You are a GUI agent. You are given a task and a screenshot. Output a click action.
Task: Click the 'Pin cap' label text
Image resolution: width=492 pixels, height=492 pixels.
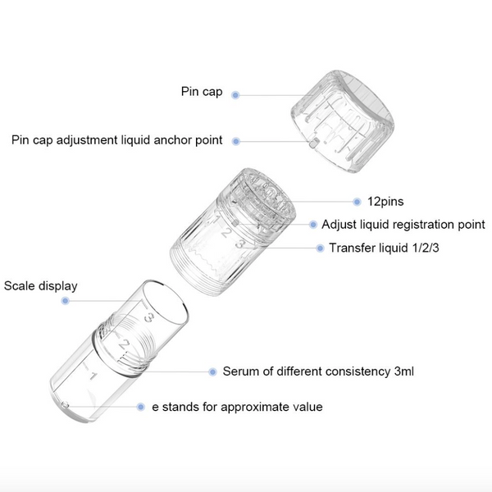point(202,92)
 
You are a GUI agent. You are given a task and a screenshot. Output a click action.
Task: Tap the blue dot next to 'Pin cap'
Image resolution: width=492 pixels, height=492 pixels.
point(235,95)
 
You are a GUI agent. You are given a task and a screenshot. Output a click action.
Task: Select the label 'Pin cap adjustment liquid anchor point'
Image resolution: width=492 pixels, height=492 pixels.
point(116,140)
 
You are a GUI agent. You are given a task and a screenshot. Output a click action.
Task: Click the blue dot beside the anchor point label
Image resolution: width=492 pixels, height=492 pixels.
point(236,142)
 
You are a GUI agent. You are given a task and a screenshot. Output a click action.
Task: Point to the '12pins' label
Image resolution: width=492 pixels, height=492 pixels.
point(385,202)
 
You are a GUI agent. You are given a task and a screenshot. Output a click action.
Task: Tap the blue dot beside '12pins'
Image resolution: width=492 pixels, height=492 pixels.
point(357,202)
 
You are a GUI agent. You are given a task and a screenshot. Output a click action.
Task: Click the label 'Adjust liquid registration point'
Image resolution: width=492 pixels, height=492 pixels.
point(403,225)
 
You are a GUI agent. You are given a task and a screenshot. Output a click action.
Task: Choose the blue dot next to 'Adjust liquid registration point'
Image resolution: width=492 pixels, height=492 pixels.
point(313,225)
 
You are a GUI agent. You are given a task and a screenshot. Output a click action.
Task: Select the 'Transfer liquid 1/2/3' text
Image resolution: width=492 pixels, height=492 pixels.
point(384,248)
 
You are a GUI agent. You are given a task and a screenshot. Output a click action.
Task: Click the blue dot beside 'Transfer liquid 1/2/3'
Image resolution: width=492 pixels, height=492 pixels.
point(320,248)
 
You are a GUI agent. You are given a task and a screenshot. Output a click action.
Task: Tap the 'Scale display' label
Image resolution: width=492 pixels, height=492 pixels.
point(40,286)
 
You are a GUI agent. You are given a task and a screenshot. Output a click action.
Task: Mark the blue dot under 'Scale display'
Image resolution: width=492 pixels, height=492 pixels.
point(65,301)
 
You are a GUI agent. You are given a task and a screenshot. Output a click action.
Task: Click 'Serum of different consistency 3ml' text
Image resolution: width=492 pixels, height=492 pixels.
point(318,371)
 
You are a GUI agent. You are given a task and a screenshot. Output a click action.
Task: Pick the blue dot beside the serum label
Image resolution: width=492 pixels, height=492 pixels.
point(212,371)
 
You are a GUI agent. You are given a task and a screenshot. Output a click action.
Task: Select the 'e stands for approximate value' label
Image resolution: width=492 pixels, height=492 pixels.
point(237,407)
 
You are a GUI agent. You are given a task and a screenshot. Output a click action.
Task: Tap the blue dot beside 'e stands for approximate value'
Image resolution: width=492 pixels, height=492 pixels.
point(140,407)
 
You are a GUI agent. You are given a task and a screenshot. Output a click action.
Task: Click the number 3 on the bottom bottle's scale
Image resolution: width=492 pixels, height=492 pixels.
point(148,317)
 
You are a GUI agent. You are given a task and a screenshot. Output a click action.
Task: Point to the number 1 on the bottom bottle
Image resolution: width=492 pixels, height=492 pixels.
point(93,376)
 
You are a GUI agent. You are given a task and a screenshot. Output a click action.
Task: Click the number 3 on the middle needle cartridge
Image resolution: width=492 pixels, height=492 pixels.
point(240,244)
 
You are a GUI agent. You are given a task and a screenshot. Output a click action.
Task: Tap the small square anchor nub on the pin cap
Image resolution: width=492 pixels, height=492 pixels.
point(313,144)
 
